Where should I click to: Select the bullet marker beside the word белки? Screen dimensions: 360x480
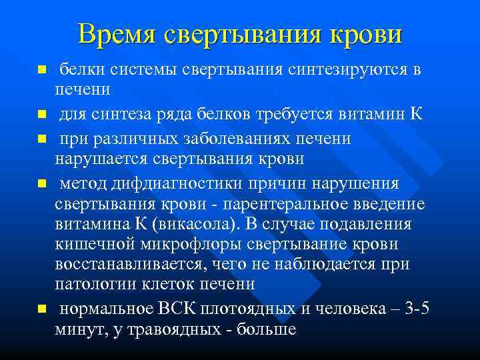pos(41,69)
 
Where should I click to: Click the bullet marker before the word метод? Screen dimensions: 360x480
pos(41,183)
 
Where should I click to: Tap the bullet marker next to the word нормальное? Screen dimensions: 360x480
pos(41,309)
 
